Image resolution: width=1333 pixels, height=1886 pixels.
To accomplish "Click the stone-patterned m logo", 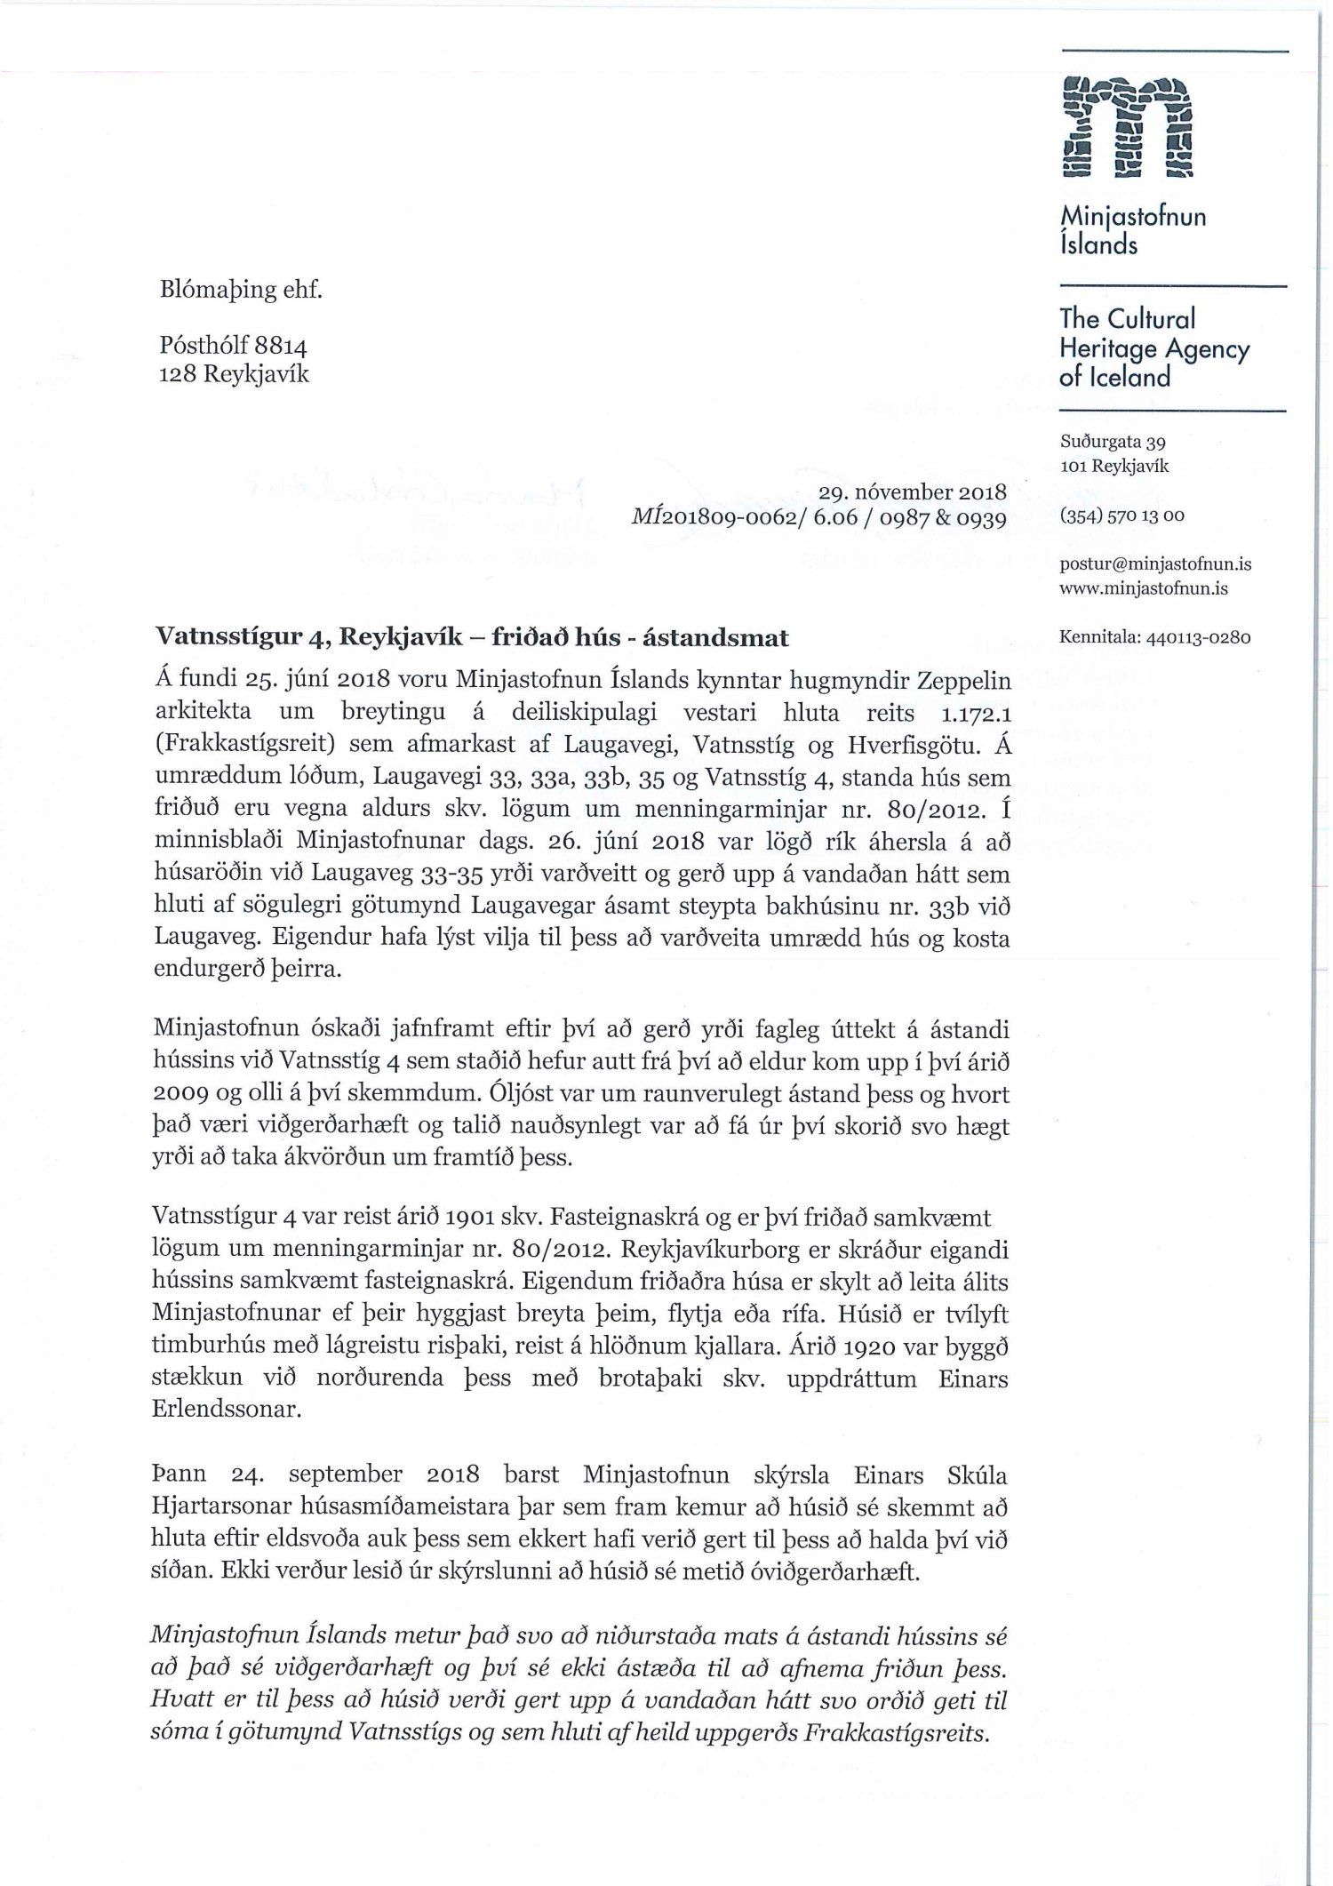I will coord(1127,126).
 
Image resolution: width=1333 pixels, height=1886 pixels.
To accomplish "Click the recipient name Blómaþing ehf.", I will coord(238,290).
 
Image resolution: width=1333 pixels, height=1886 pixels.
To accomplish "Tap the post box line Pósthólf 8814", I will coord(232,346).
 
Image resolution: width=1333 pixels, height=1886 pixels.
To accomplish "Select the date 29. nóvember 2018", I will coord(916,491).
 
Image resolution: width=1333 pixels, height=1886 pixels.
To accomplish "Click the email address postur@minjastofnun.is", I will coord(1155,563).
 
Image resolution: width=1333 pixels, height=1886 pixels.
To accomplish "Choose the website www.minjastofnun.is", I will coord(1144,588).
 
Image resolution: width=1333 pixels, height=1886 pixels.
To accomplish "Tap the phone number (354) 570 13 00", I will coord(1121,515).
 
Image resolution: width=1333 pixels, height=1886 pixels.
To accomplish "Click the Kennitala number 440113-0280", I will coord(1199,637).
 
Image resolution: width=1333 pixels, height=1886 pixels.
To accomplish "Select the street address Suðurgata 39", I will coord(1113,441).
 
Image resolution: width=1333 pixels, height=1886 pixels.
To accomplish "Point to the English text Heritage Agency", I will coord(1154,349).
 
